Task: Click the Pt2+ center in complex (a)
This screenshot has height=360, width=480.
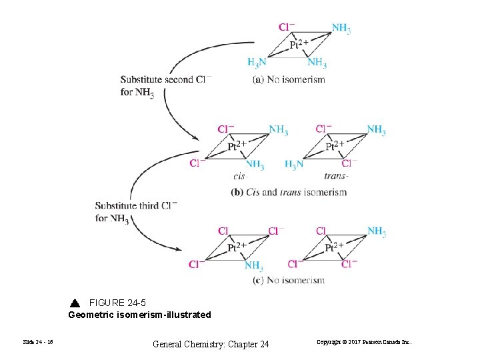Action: (299, 45)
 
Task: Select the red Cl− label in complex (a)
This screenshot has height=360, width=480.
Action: (287, 27)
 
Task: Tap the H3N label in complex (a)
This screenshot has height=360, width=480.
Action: (257, 63)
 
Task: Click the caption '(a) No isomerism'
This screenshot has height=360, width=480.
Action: (289, 79)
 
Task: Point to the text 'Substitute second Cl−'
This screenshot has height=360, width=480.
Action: (165, 79)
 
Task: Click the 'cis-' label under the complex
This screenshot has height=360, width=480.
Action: (241, 176)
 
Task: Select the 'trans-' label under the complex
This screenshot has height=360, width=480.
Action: (336, 176)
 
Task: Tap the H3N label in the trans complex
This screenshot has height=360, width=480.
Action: (294, 164)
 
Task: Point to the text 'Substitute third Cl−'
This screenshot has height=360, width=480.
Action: (136, 205)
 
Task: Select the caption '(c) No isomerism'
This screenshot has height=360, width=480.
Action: (289, 280)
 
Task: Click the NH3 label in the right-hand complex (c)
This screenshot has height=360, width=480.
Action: (377, 231)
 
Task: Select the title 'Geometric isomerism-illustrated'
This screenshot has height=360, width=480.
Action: (139, 315)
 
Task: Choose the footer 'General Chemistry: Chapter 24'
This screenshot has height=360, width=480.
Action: (211, 344)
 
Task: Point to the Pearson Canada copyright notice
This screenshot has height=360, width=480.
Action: (364, 343)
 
